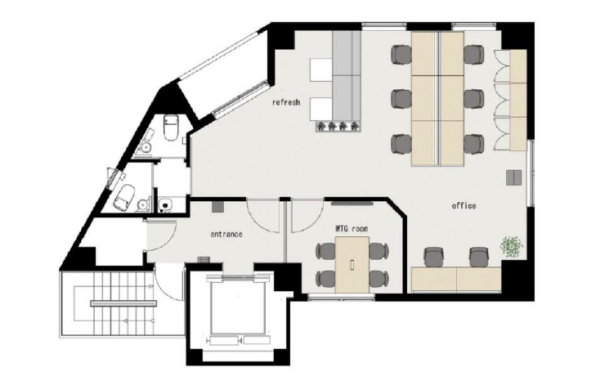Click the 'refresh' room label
coord(286,102)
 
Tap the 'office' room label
coord(464,206)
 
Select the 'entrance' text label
coord(226,234)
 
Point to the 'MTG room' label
coord(352,229)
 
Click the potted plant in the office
coord(512,246)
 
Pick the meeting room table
coord(352,265)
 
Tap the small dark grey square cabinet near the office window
coord(513,177)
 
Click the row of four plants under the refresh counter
coord(338,126)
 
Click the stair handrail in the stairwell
coord(123,303)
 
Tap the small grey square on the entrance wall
coord(217,207)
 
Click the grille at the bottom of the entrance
coord(204,259)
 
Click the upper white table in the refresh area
coord(320,69)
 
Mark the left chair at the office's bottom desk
coord(433,257)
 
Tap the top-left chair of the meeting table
coord(325,251)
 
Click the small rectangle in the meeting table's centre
coord(352,265)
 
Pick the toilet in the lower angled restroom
coord(124,196)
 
